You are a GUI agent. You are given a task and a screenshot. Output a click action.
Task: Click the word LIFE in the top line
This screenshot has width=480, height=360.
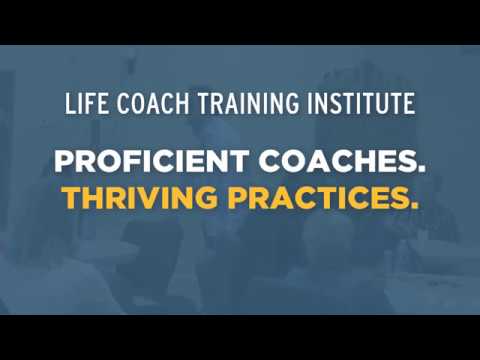point(82,104)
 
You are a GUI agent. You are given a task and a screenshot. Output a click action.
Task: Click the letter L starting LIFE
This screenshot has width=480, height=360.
point(68,104)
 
